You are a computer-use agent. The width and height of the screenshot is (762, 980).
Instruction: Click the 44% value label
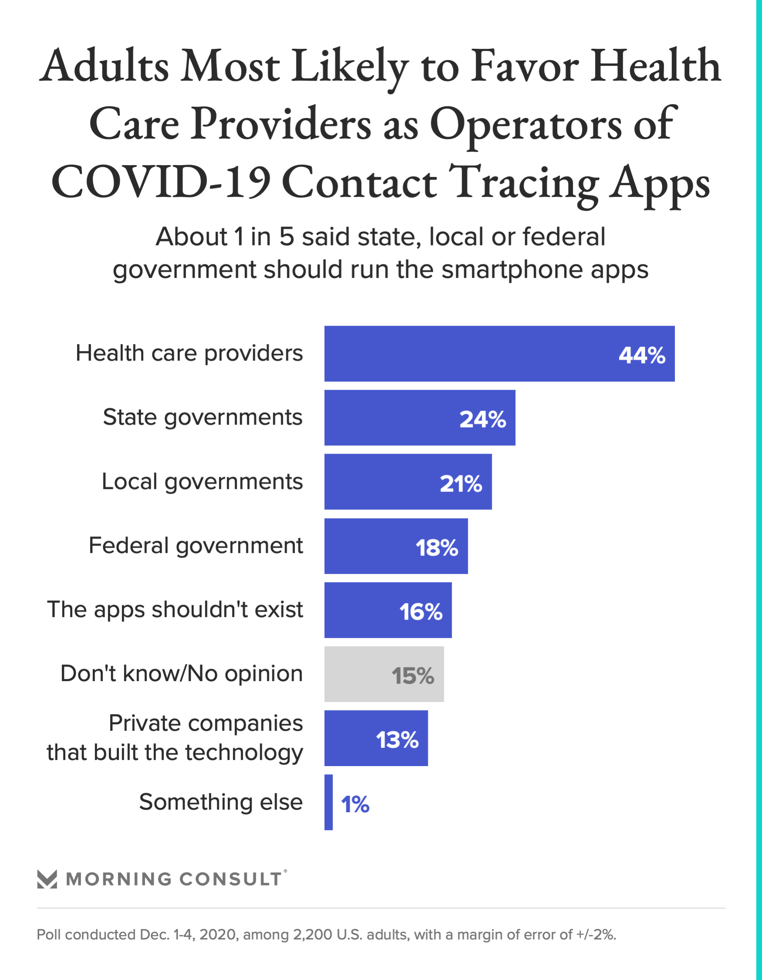[642, 356]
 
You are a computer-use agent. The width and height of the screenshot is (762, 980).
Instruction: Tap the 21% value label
[461, 484]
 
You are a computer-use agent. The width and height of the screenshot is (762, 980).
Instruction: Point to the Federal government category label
[196, 546]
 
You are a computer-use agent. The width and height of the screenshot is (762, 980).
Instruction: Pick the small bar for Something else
[329, 802]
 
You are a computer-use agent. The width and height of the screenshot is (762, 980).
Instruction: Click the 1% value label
[355, 804]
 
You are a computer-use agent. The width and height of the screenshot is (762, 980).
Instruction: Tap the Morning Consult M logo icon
[47, 879]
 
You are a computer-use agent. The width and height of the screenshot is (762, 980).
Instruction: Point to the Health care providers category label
[189, 353]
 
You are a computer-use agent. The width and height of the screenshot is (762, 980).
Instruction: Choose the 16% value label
[421, 612]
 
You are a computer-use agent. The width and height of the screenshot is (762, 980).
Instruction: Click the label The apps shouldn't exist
[175, 609]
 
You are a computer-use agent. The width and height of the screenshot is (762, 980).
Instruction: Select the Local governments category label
[202, 482]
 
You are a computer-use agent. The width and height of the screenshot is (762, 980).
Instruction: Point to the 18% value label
[437, 548]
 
